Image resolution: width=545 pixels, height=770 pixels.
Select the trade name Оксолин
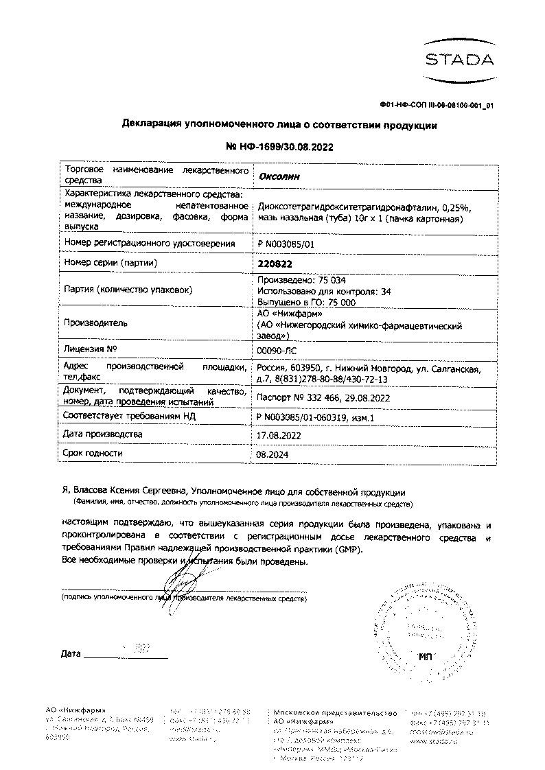pyautogui.click(x=279, y=176)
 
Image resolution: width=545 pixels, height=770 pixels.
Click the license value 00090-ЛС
pyautogui.click(x=275, y=350)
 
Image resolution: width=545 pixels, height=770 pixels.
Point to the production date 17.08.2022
pyautogui.click(x=279, y=435)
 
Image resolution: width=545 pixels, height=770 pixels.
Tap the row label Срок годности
pyautogui.click(x=93, y=453)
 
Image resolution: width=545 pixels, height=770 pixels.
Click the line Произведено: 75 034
pyautogui.click(x=301, y=280)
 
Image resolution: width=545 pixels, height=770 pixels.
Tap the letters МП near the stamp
pyautogui.click(x=427, y=657)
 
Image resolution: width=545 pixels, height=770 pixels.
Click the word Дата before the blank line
pyautogui.click(x=71, y=653)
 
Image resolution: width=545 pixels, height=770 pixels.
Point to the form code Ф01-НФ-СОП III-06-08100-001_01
pyautogui.click(x=436, y=105)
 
